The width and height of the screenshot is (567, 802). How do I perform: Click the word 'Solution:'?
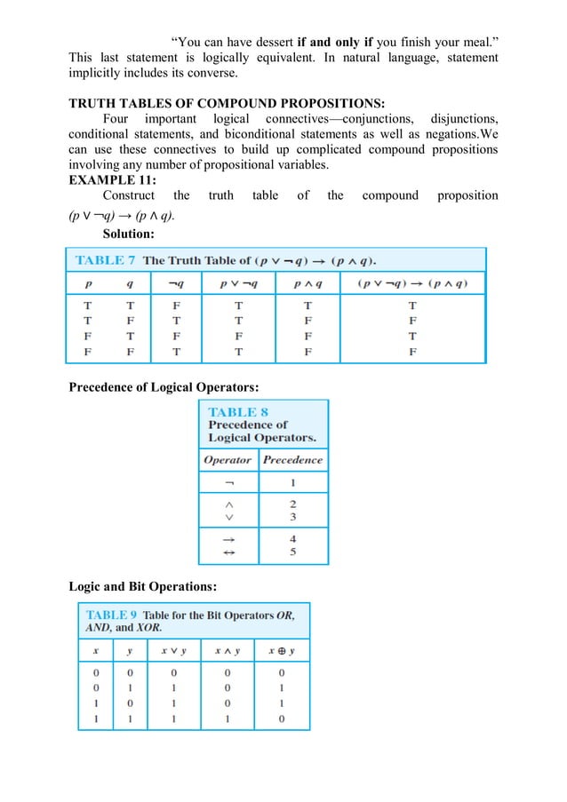[128, 234]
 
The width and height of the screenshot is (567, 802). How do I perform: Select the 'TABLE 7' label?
[105, 260]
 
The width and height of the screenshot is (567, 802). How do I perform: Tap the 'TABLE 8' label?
[238, 412]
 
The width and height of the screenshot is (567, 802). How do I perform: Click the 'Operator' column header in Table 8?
[228, 460]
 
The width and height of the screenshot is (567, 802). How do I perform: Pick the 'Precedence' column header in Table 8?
[293, 460]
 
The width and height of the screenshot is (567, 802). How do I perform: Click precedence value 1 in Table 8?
[293, 484]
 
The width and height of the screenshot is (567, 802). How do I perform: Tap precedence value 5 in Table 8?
[293, 552]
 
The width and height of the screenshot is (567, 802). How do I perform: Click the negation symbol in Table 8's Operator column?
[229, 484]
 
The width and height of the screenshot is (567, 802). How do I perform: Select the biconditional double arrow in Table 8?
[229, 552]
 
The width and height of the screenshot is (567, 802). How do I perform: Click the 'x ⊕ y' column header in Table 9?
[282, 651]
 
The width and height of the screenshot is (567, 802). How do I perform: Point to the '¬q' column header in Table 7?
[175, 284]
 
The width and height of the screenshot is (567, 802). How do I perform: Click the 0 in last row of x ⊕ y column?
[282, 719]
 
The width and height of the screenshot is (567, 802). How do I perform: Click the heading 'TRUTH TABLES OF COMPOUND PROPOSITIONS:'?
[227, 102]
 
